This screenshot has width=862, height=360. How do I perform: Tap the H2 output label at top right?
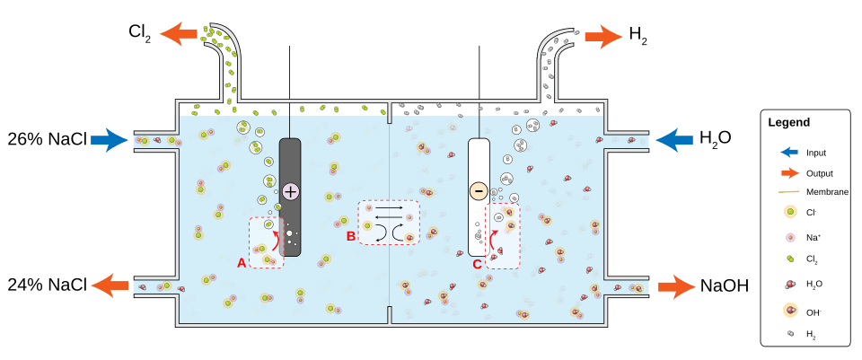(638, 37)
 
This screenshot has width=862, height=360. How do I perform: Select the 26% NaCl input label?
(47, 140)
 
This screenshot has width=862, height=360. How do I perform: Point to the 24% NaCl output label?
(47, 285)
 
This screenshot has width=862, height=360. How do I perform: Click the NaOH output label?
(723, 286)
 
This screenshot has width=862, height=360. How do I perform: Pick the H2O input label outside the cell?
(717, 139)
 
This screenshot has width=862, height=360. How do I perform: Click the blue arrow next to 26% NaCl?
(110, 140)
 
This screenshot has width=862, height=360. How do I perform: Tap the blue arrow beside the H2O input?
(675, 139)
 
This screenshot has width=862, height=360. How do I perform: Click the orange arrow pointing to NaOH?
(677, 286)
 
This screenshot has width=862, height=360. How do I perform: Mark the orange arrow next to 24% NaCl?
(110, 285)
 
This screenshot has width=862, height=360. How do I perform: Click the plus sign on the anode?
(290, 190)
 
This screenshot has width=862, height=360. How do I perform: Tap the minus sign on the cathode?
(478, 190)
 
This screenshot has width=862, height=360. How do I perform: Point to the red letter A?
(241, 263)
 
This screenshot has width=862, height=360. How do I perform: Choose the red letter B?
(350, 236)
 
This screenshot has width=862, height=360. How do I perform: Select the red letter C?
(477, 264)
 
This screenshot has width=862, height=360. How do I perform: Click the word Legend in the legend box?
(789, 122)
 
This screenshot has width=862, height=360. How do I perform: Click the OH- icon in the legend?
(789, 311)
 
